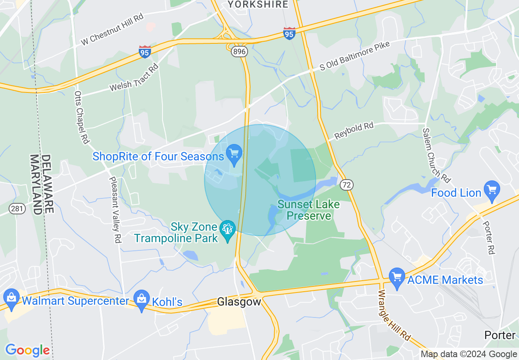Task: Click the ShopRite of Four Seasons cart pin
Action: pos(234,155)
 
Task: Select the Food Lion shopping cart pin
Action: pos(492,190)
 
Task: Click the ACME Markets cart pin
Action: pos(397,278)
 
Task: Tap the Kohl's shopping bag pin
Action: pos(142,300)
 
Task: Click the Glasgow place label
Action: pos(239,302)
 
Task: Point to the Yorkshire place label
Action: pos(258,4)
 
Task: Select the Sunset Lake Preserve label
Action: pos(309,210)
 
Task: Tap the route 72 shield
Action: pos(346,185)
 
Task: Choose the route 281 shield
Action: pos(18,209)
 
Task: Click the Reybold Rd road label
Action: pos(354,131)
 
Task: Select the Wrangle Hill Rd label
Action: pos(394,315)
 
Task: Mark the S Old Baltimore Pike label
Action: pos(355,56)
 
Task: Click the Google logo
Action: pos(27,350)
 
